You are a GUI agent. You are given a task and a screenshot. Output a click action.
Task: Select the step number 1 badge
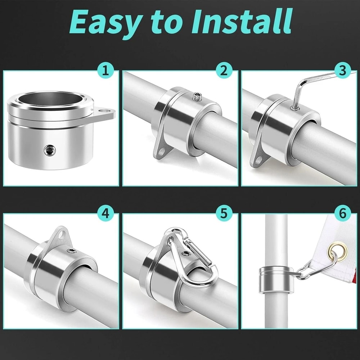(105, 70)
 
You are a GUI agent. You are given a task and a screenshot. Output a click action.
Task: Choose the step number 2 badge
(224, 70)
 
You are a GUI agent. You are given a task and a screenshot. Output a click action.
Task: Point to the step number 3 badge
(342, 70)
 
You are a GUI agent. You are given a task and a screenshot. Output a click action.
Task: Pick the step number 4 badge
(105, 213)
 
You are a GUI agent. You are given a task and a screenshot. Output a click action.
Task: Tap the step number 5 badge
(224, 213)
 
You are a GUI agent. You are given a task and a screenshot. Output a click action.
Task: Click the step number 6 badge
(342, 213)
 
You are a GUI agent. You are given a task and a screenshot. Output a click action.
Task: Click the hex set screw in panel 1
(50, 150)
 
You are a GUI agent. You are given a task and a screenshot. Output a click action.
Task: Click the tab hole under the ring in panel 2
(162, 152)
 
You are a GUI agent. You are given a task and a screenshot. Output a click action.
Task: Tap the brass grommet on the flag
(338, 252)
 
